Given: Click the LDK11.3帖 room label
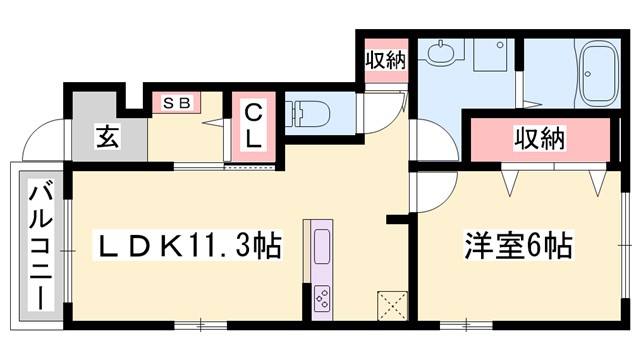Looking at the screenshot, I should pos(187,242).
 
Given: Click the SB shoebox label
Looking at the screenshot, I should pos(176,103).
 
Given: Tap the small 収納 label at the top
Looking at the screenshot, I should pos(385,59).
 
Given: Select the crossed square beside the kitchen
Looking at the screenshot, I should pos(390,303).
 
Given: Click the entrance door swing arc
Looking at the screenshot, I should pos(40,140).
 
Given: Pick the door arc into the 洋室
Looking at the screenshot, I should pos(432,190).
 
